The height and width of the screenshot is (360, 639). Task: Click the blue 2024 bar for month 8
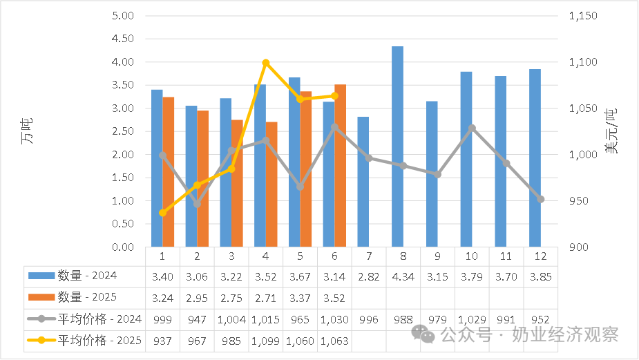coord(397,146)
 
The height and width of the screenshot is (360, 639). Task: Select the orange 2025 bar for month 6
coord(340,166)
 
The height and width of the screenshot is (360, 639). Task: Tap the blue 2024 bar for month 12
coord(535,158)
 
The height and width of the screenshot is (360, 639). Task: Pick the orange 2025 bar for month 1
coord(169,172)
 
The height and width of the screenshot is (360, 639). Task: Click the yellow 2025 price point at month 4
coord(266,63)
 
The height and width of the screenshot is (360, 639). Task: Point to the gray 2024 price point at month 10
coord(472,128)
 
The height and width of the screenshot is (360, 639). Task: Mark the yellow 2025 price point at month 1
coord(163,213)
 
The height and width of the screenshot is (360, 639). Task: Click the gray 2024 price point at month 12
coord(540,199)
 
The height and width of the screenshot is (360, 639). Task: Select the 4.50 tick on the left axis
coord(122,39)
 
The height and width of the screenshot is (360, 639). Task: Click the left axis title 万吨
coord(27,131)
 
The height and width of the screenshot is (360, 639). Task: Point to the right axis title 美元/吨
coord(611,131)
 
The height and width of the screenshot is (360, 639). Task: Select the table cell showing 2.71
coord(266,297)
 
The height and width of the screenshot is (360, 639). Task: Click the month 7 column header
coord(369,256)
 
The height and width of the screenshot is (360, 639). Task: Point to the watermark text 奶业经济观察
coord(564,335)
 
